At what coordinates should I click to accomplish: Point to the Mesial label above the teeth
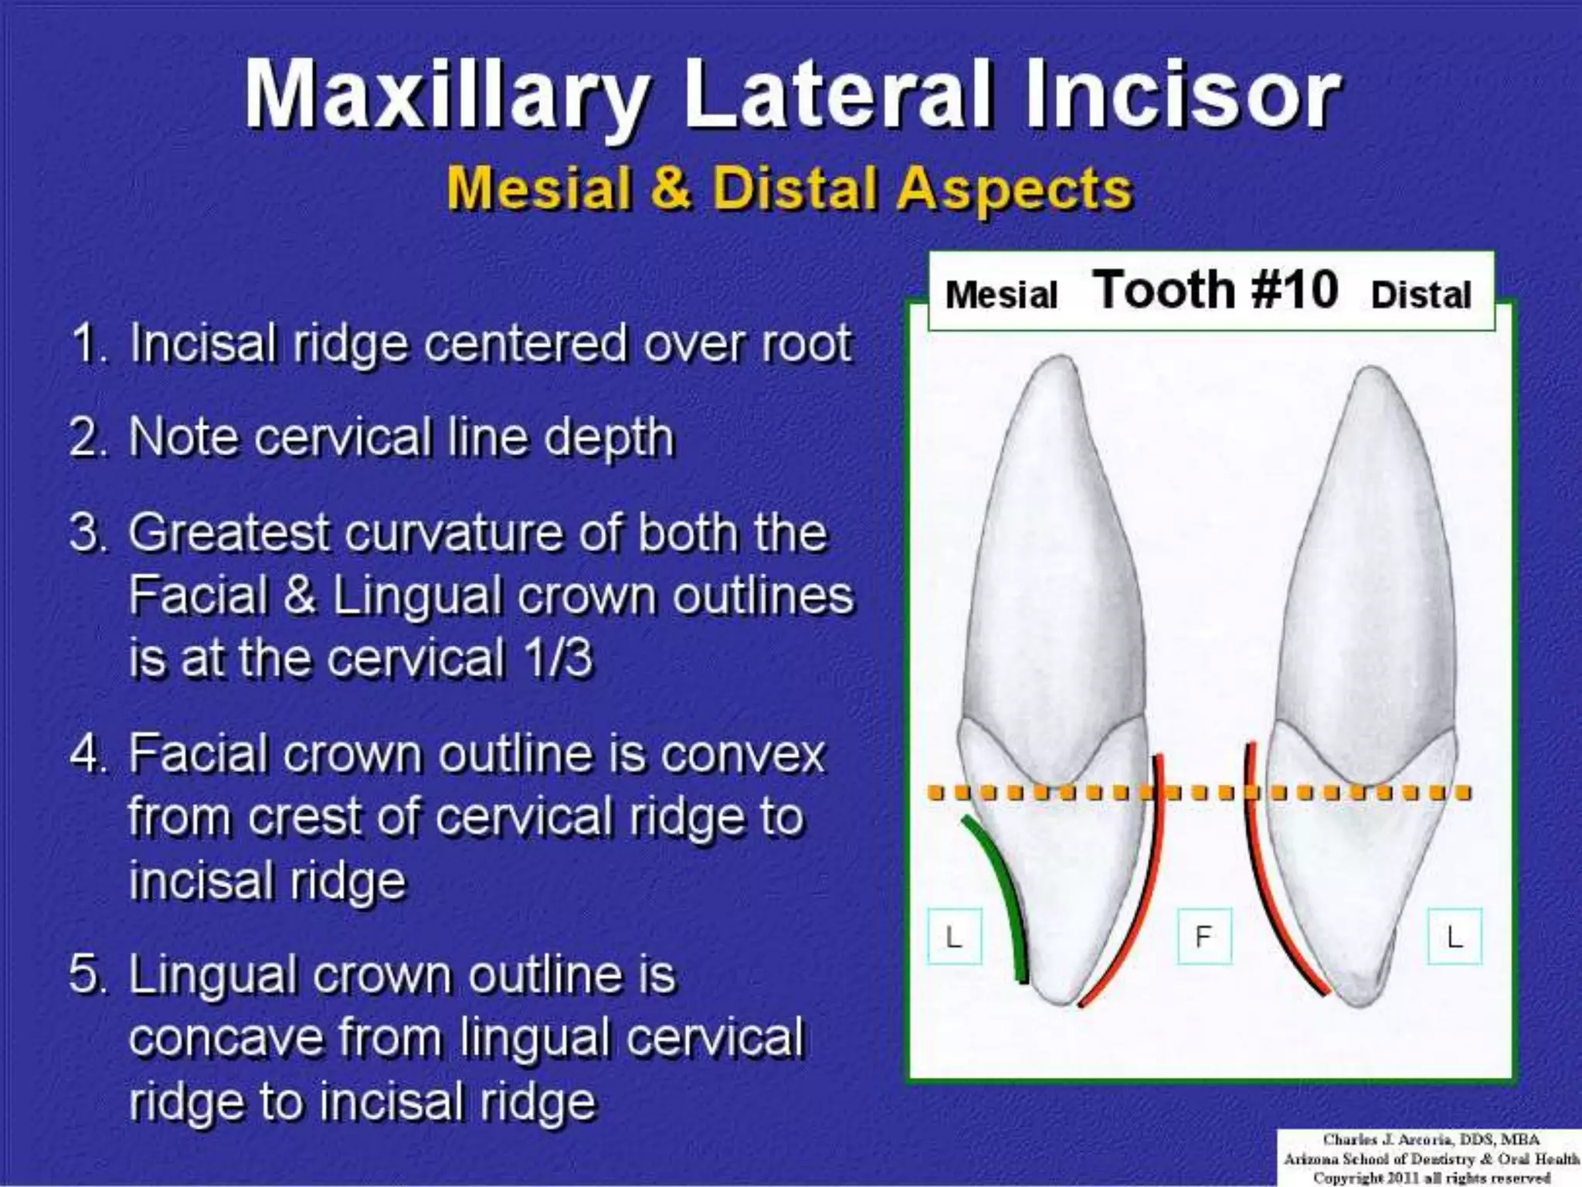[x=1001, y=295]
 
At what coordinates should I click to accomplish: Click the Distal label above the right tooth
[x=1421, y=295]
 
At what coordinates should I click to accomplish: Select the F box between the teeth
[x=1203, y=937]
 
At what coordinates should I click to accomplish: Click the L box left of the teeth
[x=954, y=937]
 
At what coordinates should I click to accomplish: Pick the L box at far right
[x=1455, y=937]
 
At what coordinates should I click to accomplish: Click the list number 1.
[x=87, y=345]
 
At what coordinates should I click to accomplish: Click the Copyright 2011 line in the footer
[x=1431, y=1178]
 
